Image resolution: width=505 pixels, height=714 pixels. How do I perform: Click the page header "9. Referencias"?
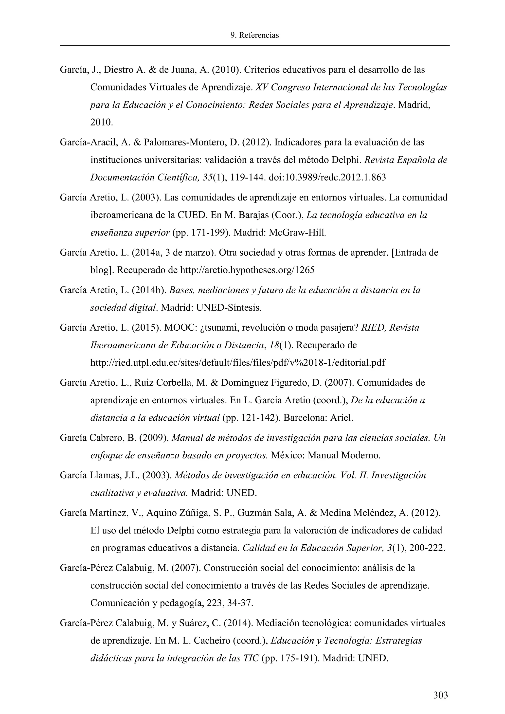click(255, 36)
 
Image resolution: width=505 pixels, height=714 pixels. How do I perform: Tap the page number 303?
click(441, 695)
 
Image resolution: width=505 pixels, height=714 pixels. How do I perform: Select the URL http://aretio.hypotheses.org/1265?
click(247, 270)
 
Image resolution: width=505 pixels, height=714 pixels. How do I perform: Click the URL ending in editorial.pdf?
click(237, 363)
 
